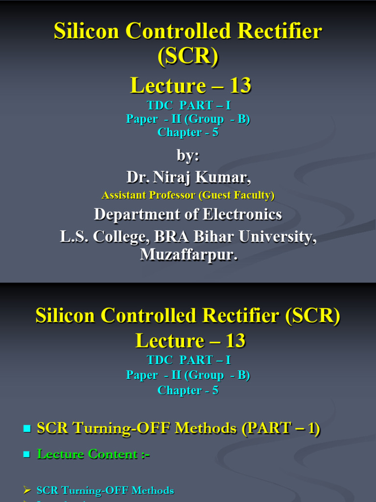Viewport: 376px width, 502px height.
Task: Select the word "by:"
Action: point(188,156)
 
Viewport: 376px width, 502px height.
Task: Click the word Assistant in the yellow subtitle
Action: point(121,195)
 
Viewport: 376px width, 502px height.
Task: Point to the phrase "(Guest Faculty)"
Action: point(236,195)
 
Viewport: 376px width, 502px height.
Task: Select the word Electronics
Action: point(244,215)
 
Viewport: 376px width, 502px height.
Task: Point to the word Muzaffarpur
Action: point(188,255)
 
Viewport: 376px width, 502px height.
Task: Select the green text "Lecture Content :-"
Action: point(94,454)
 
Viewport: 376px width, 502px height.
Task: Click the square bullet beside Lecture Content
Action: point(27,455)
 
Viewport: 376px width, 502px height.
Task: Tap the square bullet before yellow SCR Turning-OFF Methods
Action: point(27,429)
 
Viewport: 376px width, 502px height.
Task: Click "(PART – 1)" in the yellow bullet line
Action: point(281,428)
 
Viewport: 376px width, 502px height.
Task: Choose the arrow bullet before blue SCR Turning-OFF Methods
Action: point(27,490)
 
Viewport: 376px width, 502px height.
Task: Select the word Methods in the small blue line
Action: point(154,490)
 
